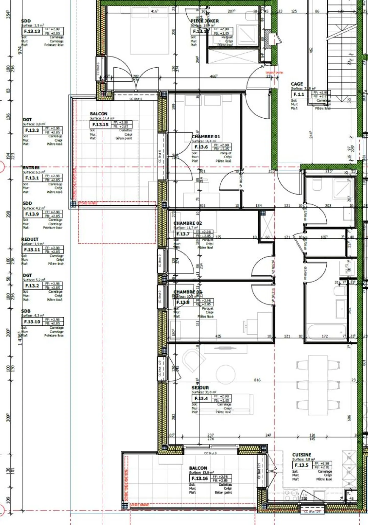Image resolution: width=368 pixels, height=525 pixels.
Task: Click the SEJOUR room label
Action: click(x=200, y=387)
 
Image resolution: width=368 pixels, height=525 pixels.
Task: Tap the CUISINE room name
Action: click(x=302, y=455)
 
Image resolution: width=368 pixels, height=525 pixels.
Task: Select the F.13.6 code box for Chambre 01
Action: click(x=201, y=147)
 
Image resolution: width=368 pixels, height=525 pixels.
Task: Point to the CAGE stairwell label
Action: click(x=297, y=84)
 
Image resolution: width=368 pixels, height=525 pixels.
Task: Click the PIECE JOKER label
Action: click(x=204, y=21)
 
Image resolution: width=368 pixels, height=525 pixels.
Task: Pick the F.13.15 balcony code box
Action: click(x=100, y=124)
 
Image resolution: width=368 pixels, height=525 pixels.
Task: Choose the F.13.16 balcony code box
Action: click(x=200, y=478)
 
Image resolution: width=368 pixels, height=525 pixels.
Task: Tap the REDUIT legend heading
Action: click(x=30, y=239)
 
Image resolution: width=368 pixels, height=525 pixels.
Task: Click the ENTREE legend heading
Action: click(x=31, y=168)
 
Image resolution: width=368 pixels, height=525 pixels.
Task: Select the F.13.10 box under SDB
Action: click(x=32, y=322)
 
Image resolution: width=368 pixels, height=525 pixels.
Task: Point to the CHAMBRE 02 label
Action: click(x=188, y=223)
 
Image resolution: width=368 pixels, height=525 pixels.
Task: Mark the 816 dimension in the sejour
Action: click(x=257, y=380)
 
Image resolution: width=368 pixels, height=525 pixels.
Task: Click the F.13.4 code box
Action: click(x=201, y=398)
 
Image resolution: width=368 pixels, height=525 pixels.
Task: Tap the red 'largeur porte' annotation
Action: click(x=274, y=73)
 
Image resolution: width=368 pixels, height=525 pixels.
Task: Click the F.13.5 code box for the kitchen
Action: click(x=302, y=465)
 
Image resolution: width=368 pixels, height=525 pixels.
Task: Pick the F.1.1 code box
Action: click(x=299, y=94)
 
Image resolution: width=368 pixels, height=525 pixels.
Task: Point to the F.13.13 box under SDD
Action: click(x=32, y=31)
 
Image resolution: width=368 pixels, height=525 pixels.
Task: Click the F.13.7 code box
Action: click(x=183, y=234)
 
